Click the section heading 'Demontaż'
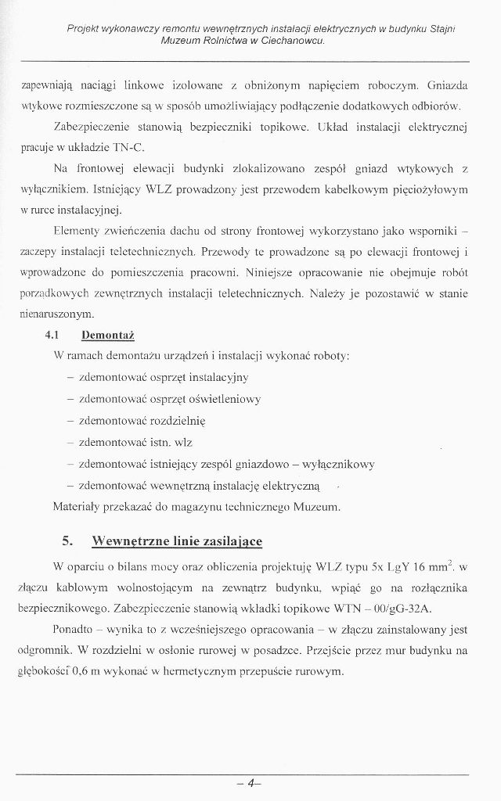pyautogui.click(x=109, y=335)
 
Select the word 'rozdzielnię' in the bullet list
pyautogui.click(x=175, y=420)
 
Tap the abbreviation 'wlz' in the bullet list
pyautogui.click(x=180, y=442)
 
